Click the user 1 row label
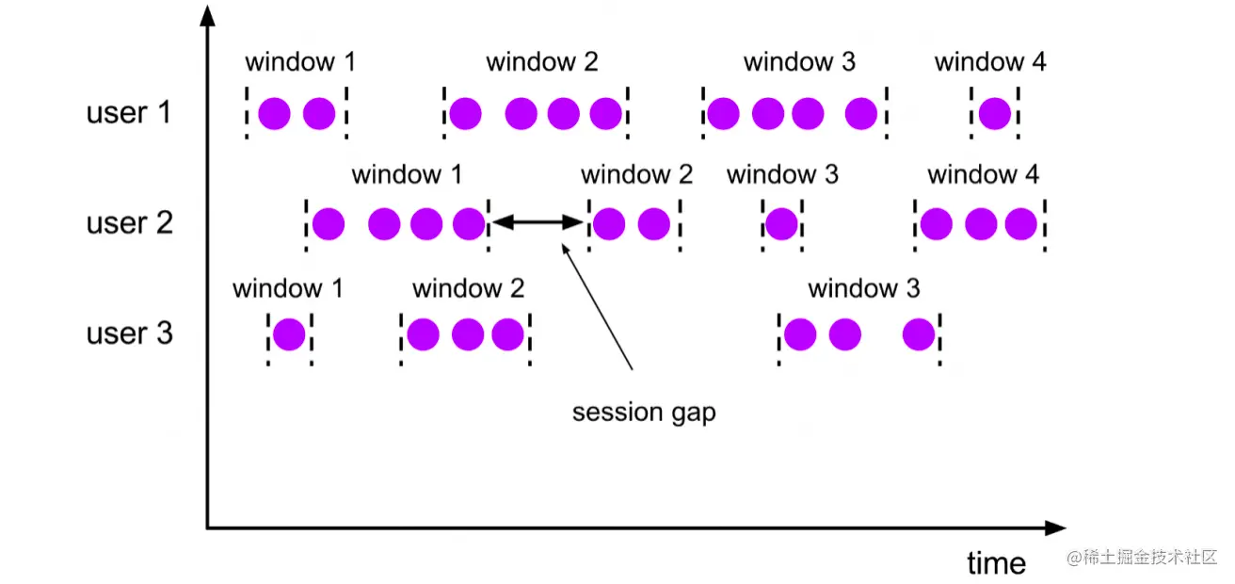130,113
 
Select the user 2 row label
130,224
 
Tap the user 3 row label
130,334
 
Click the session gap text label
644,413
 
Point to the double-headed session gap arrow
538,223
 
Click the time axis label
996,563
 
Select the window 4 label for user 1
990,63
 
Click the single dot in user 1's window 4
994,114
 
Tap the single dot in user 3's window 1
288,334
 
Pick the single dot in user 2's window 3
781,224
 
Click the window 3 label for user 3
863,288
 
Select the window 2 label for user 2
636,174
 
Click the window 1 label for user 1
300,63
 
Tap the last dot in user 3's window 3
919,334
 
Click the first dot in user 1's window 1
274,114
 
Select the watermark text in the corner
1142,559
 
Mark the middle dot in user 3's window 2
467,334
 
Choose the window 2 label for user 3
468,288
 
